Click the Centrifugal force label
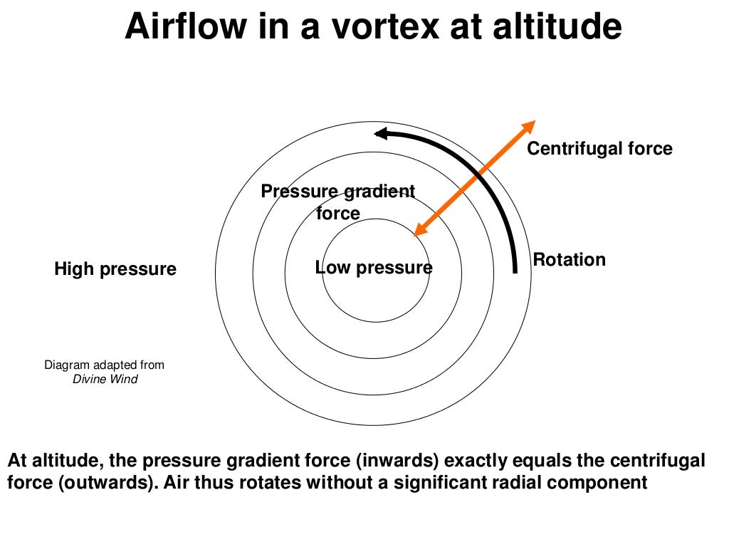point(599,148)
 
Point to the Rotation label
point(570,259)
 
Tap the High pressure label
point(115,269)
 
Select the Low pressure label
point(374,268)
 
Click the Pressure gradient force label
point(338,202)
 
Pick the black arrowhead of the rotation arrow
point(382,133)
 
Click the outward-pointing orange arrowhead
point(528,127)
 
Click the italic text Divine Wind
point(105,379)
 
